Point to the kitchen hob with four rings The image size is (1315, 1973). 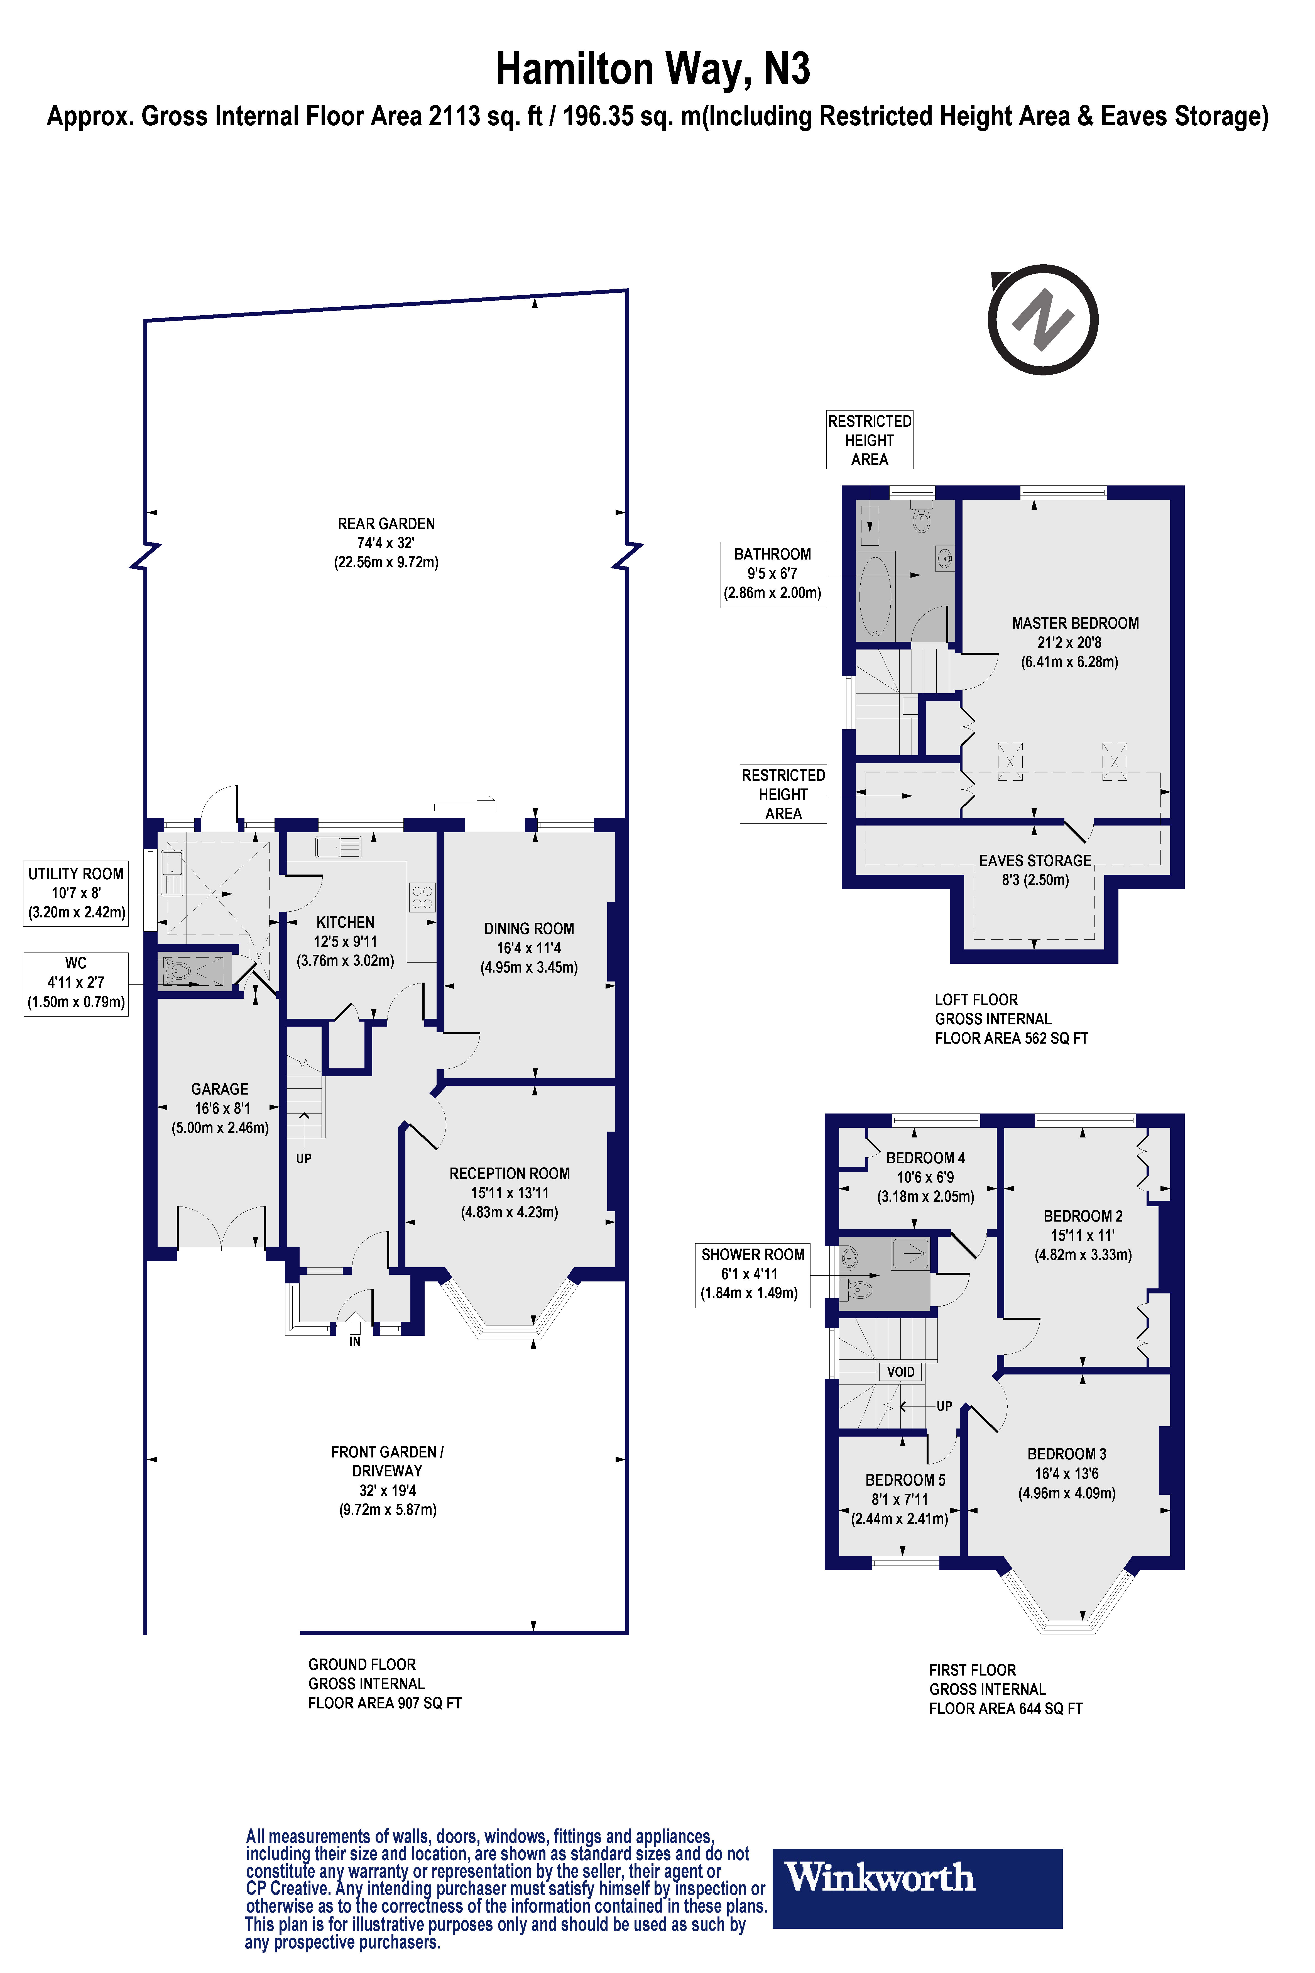click(422, 897)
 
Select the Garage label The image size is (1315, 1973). click(220, 1107)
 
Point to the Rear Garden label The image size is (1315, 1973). click(386, 542)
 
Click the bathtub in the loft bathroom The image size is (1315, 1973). click(875, 596)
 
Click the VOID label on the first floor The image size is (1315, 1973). click(901, 1371)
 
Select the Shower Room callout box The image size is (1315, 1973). click(752, 1273)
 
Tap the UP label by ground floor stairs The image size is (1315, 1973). click(303, 1158)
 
